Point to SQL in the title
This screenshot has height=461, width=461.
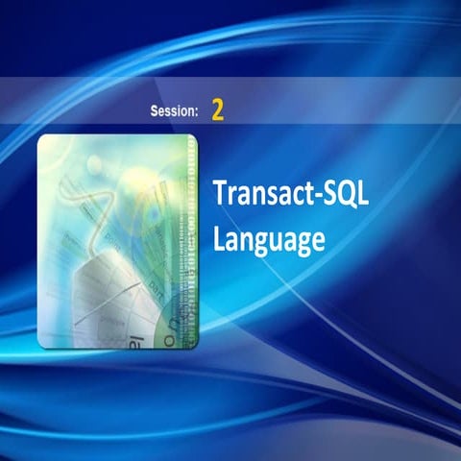point(346,191)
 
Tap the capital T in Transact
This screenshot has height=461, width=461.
point(220,190)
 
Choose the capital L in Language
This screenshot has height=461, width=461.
point(219,238)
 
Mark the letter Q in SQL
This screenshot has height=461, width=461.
point(347,191)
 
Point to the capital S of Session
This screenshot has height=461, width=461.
point(155,111)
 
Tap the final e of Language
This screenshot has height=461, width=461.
point(311,241)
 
